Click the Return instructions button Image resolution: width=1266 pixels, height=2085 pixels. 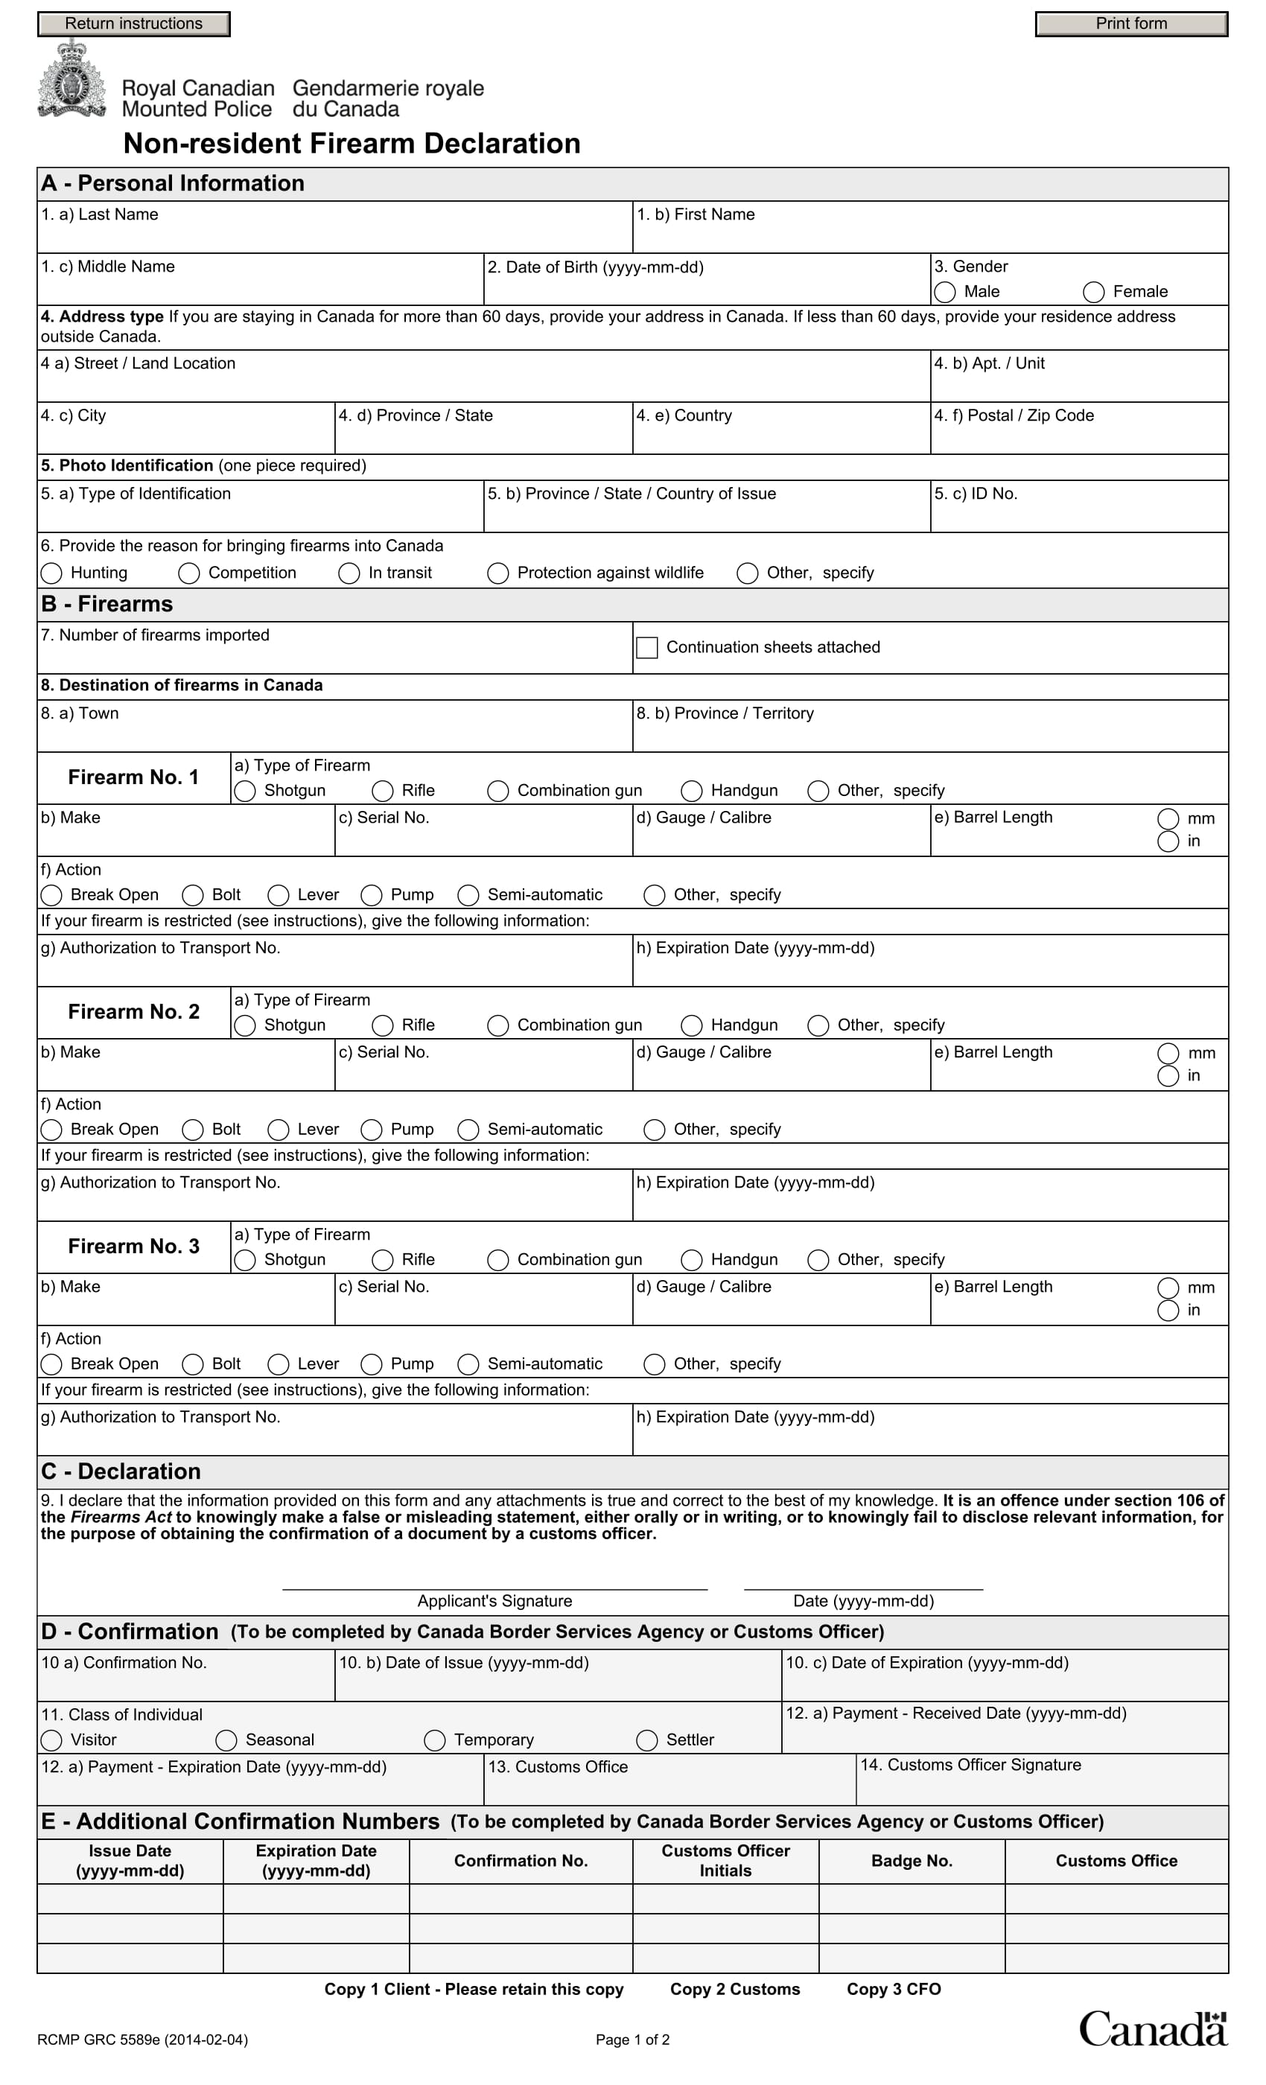coord(134,24)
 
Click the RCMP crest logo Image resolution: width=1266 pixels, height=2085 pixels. coord(72,80)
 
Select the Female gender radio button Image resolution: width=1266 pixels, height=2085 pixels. coord(1093,292)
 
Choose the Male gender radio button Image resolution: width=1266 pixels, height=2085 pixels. coord(944,292)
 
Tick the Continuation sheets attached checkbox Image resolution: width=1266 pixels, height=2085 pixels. coord(646,647)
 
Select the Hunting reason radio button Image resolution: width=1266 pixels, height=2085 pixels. coord(51,573)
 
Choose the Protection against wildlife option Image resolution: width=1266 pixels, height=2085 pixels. coord(497,573)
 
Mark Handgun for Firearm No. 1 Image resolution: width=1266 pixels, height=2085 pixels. coord(691,790)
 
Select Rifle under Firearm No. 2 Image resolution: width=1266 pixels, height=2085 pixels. coord(383,1025)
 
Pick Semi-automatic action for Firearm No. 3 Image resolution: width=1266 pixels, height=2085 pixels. coord(468,1364)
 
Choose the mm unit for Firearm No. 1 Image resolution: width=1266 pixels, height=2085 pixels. coord(1168,818)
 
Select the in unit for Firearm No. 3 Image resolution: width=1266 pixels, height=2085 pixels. coord(1168,1310)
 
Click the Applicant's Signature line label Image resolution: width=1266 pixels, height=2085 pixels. coord(494,1600)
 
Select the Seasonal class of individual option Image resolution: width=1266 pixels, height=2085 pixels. coord(226,1739)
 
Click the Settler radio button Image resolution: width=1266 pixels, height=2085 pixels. coord(646,1739)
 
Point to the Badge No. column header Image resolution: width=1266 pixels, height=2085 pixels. coord(912,1860)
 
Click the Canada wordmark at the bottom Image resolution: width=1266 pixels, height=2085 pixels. coord(1152,2028)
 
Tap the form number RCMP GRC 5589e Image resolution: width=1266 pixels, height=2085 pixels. coord(142,2040)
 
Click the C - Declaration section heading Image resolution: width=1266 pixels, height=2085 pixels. coord(121,1471)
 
